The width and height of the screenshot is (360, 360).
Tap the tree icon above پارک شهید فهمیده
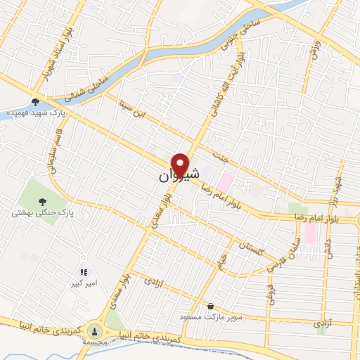[x=35, y=102]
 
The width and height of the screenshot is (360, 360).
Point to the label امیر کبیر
[x=83, y=283]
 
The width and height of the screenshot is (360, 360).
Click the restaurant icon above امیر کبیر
[x=83, y=271]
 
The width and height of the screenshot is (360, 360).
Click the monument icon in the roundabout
[x=95, y=330]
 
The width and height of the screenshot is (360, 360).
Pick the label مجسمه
[x=94, y=342]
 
